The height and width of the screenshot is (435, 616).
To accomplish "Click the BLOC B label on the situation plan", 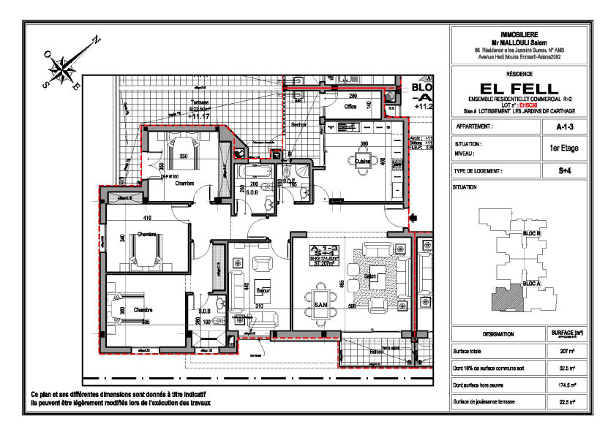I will [532, 233].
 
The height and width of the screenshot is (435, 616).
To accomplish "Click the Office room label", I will [350, 107].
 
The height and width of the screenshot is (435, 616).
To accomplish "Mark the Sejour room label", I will [263, 290].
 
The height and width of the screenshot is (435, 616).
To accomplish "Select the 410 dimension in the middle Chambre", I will [147, 218].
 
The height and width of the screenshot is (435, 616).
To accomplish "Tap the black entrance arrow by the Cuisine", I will [415, 216].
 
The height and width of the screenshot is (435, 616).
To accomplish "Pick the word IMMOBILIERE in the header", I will [519, 34].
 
